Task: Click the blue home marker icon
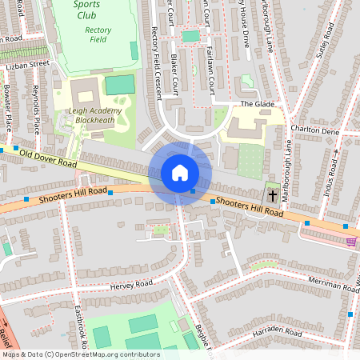180,173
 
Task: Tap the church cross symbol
272,195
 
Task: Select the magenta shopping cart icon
350,241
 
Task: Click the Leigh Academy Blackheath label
94,115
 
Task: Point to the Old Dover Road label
48,158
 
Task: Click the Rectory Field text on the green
98,34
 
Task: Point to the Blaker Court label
175,74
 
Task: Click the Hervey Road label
132,284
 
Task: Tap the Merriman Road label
332,286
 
